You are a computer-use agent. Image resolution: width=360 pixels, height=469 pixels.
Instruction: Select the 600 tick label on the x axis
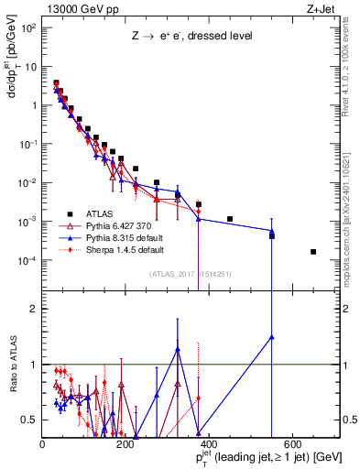[292, 444]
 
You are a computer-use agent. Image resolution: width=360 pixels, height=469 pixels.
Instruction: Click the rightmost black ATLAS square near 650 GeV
[313, 251]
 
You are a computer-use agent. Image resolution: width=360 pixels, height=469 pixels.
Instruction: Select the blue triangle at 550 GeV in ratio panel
[271, 337]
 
